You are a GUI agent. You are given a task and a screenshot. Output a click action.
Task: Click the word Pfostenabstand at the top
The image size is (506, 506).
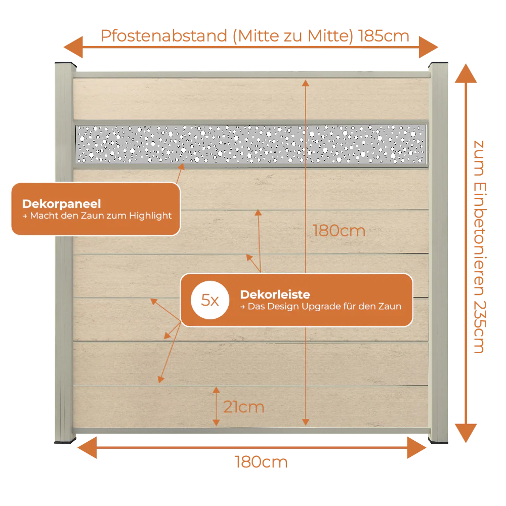pos(164,36)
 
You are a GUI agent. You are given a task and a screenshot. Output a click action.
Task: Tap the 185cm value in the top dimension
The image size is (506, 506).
pos(384,36)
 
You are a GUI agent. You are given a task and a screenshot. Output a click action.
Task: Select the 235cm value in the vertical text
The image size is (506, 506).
pos(480,327)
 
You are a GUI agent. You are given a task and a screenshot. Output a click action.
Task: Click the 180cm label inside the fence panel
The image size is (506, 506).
pos(339,231)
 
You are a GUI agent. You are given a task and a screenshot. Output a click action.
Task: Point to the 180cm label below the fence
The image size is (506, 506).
pos(261,462)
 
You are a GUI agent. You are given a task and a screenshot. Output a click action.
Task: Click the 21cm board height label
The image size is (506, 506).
pos(244,407)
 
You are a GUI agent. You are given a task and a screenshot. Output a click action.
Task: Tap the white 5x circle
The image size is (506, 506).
pos(210,300)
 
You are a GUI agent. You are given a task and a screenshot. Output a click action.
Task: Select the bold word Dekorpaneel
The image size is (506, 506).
pos(62,203)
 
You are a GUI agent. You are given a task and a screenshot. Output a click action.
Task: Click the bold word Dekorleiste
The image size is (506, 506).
pos(275,294)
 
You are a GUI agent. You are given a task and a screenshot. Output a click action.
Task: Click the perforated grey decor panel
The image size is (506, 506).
pos(251,144)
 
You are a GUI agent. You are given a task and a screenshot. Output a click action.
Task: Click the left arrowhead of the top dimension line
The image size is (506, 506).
pos(73,47)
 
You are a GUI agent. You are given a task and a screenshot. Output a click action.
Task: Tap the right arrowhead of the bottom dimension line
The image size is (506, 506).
pos(417,448)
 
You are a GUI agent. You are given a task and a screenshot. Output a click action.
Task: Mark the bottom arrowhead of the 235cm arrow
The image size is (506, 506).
pos(466,433)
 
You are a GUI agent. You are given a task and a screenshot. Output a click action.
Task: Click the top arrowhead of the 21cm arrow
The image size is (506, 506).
pos(216,390)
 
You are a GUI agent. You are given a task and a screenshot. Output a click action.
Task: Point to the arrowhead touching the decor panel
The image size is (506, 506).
pos(182,166)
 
